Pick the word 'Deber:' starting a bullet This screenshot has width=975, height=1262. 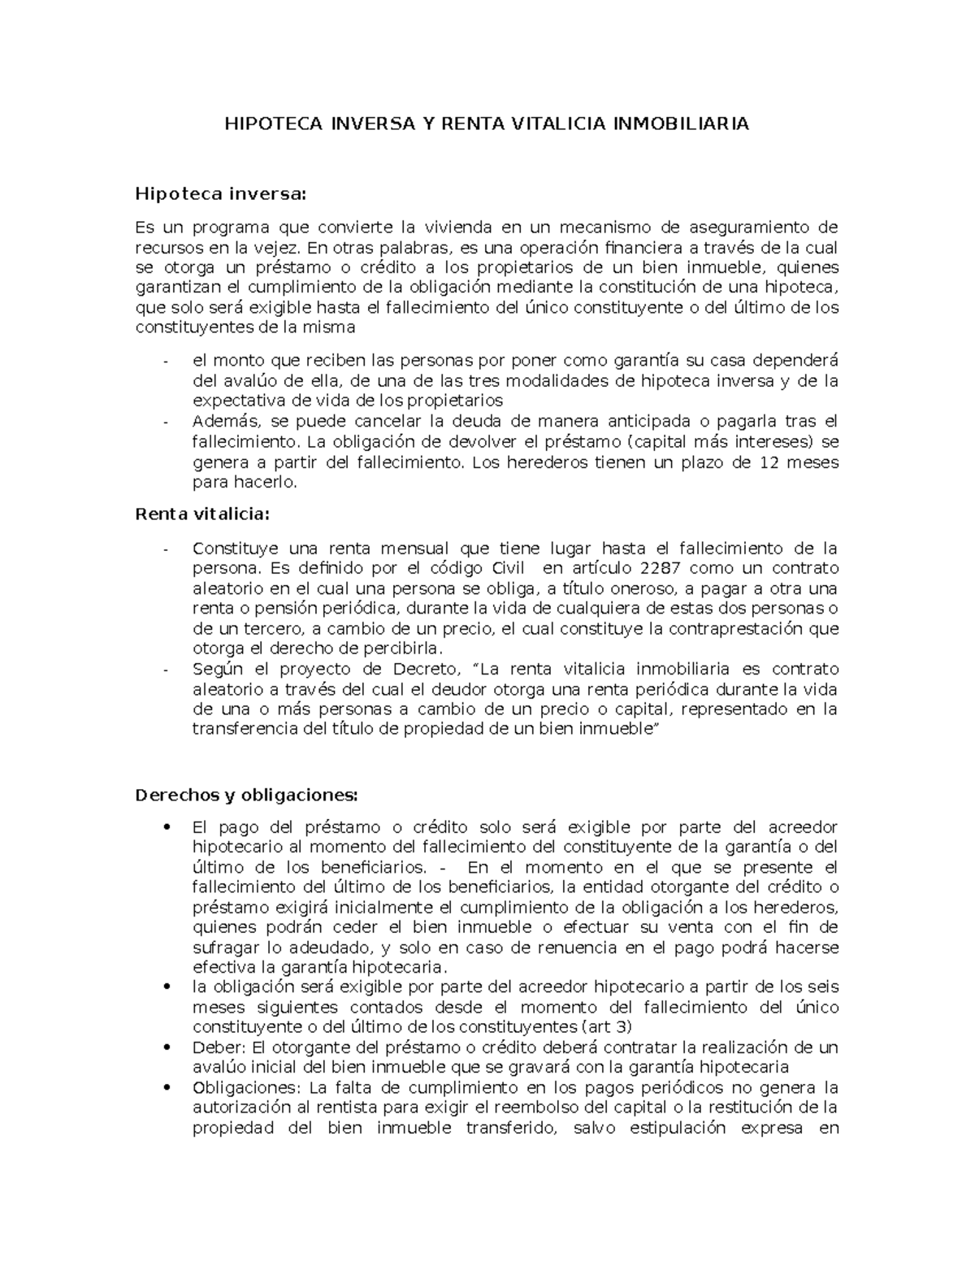pyautogui.click(x=215, y=1047)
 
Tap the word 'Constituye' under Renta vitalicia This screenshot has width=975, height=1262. pyautogui.click(x=232, y=548)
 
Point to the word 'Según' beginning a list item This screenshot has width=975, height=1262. pyautogui.click(x=217, y=669)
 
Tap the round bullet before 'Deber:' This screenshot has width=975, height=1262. pyautogui.click(x=167, y=1047)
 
